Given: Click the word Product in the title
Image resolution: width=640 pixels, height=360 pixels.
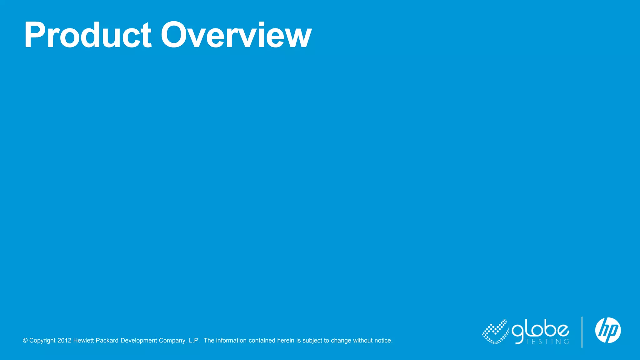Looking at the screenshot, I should pos(88,35).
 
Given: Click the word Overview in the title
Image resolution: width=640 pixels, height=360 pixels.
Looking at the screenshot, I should pos(236,35).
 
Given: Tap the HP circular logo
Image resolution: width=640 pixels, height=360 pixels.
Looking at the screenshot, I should pos(608,330).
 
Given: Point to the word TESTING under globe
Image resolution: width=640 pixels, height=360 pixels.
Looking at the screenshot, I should pos(547,342).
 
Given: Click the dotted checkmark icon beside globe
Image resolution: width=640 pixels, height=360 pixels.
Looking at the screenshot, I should pos(496,332).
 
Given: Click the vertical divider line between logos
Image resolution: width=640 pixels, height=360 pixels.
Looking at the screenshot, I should pos(582,332).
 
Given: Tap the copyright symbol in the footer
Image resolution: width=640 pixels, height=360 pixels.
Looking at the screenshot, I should pos(25,341).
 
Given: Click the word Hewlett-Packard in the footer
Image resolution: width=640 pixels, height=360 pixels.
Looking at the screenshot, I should pos(96,341).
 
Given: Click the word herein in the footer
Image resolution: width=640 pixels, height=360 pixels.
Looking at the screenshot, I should pos(286,341).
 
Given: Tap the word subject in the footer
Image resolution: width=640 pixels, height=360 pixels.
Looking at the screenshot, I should pos(312,341).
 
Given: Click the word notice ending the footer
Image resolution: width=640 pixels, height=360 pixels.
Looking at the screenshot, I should pos(383,341).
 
